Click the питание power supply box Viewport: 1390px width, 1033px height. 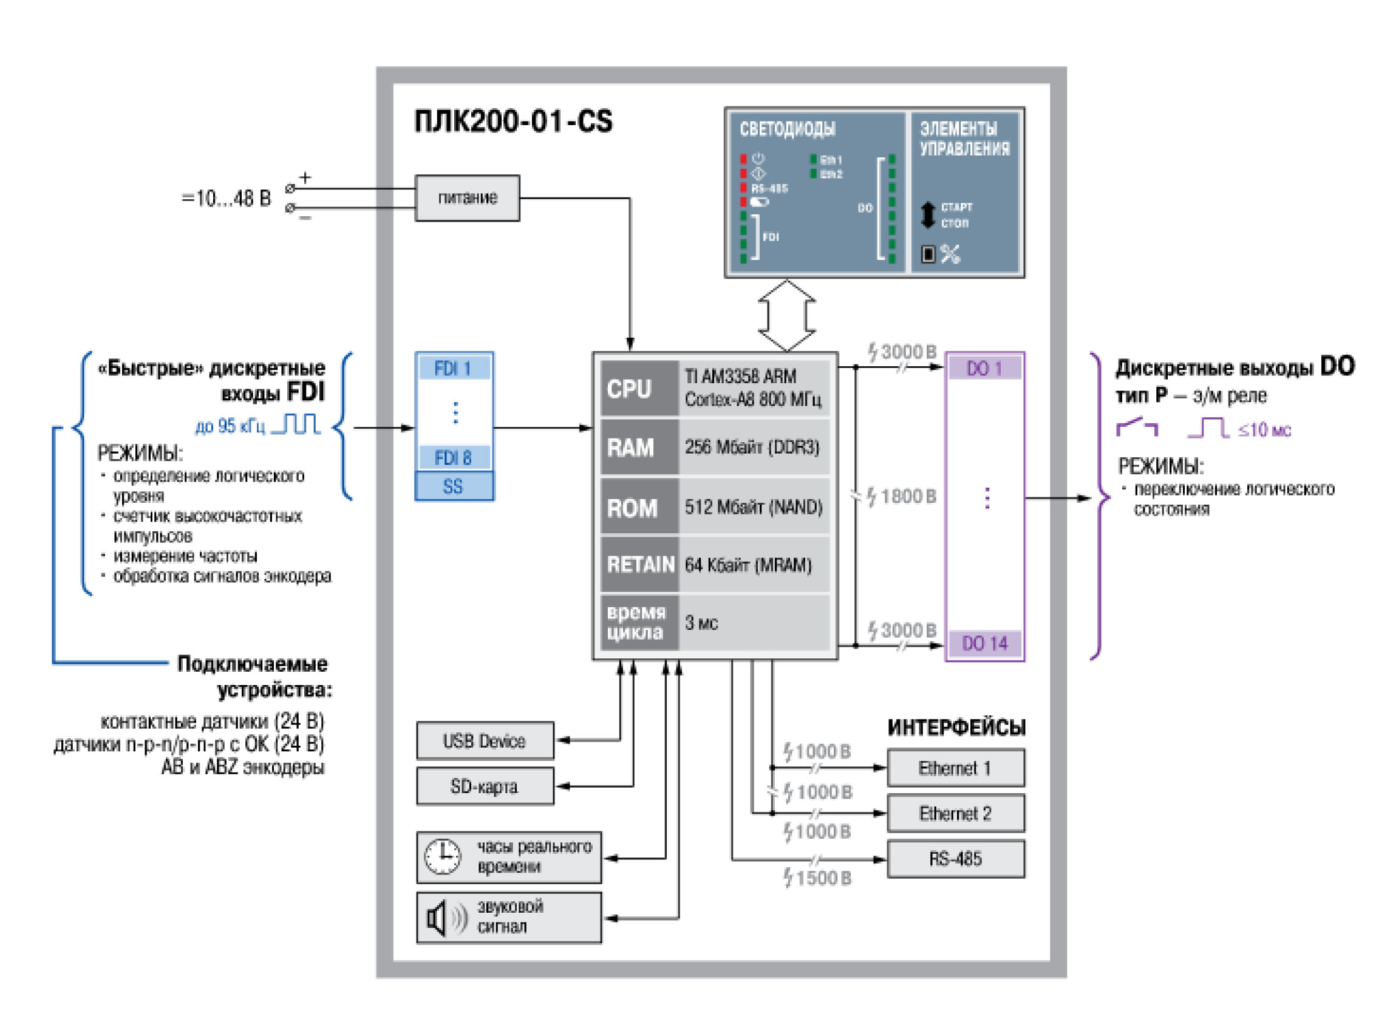466,197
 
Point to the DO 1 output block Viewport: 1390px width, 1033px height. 984,368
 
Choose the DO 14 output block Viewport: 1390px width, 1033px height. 984,644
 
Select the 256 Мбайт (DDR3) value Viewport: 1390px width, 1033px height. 752,447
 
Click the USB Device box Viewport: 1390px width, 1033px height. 484,741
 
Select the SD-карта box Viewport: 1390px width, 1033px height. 484,786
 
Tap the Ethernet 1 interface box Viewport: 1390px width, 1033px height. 955,768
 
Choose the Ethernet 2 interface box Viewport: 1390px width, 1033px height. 955,814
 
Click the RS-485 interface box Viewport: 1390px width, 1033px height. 955,859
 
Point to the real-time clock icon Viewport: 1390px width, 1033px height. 443,857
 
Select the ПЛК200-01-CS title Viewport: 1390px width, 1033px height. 513,121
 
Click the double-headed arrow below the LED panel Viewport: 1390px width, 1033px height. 786,316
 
